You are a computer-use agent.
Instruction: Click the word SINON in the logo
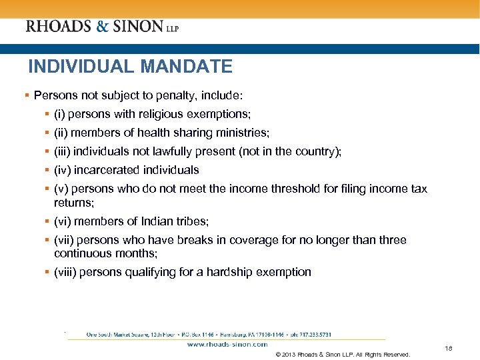137,26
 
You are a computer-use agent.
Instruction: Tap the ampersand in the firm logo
101,26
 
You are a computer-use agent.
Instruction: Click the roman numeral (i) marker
60,115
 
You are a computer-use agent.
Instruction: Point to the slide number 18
448,349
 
